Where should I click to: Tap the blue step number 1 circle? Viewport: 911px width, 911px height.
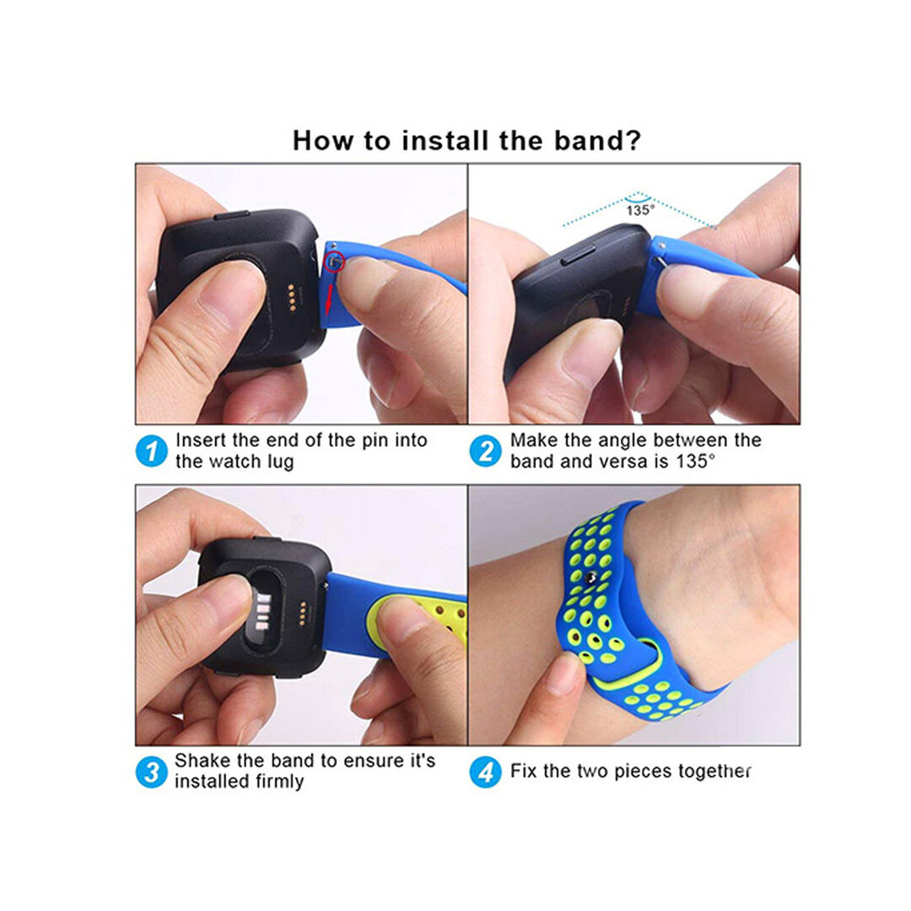click(x=152, y=451)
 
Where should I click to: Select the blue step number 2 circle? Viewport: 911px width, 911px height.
click(x=485, y=451)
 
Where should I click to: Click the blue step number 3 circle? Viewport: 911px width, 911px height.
click(x=152, y=772)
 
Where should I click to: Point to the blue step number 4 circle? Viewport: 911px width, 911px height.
click(x=485, y=772)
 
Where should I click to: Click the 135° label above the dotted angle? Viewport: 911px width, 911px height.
click(x=639, y=211)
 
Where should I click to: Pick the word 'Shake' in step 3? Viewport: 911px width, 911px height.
click(x=201, y=760)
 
